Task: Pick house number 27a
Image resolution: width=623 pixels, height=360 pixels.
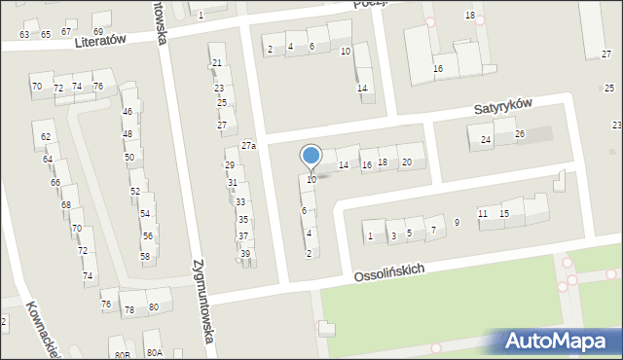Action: (x=249, y=146)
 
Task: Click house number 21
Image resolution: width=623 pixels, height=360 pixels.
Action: (x=217, y=63)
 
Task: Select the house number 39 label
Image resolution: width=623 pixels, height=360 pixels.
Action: (x=245, y=254)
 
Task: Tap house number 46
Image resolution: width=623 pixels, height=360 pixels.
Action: (x=128, y=112)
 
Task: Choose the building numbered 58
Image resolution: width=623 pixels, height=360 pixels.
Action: (x=145, y=257)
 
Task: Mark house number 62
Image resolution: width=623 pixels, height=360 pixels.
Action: (x=46, y=137)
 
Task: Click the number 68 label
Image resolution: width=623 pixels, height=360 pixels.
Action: (x=66, y=205)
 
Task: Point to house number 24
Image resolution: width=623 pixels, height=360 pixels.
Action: (x=486, y=141)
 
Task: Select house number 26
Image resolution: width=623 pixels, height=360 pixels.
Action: (x=520, y=134)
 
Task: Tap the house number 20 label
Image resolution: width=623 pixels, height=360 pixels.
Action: (x=407, y=162)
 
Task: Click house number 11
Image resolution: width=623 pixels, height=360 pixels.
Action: (x=483, y=213)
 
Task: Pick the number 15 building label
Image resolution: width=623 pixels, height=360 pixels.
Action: (x=504, y=213)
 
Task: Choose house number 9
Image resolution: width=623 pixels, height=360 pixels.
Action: (x=457, y=223)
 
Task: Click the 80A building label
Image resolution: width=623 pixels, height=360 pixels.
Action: (x=154, y=352)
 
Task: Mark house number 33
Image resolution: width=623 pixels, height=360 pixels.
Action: (x=240, y=201)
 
